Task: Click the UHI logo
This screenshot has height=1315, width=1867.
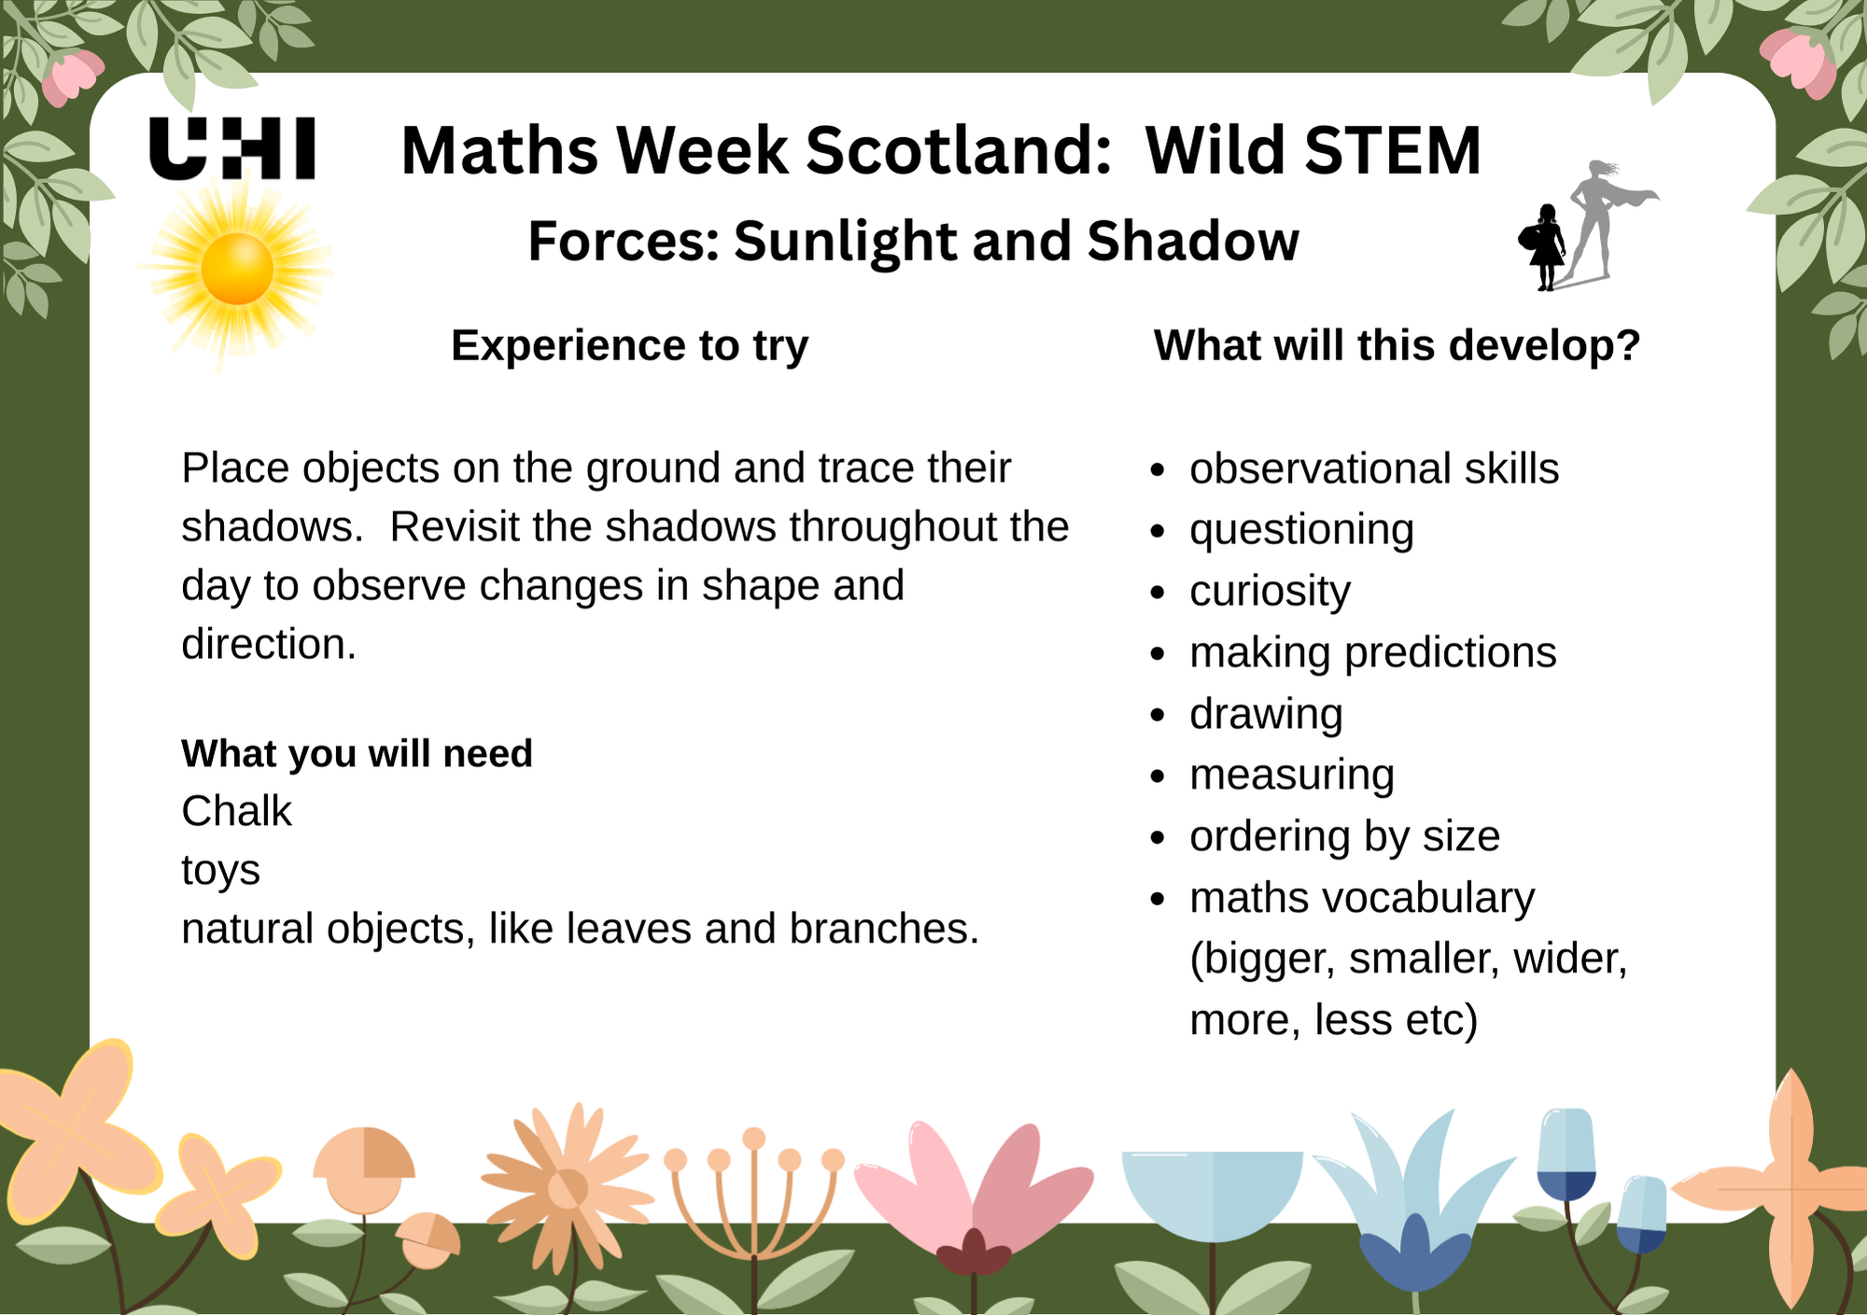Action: click(232, 148)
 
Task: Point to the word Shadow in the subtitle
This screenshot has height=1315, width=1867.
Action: click(1192, 242)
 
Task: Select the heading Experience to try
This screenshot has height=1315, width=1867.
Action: click(629, 346)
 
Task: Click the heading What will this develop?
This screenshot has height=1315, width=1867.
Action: click(1397, 346)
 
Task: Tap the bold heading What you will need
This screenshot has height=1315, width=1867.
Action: click(357, 753)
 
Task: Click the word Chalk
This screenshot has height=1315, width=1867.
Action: click(236, 811)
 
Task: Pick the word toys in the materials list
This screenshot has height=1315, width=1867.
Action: click(220, 871)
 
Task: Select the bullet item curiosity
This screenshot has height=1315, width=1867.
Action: click(1270, 592)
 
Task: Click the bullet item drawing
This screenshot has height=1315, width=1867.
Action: click(1266, 714)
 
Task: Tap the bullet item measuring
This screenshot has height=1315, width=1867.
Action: click(1292, 776)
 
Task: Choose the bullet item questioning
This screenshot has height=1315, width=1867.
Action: click(1301, 530)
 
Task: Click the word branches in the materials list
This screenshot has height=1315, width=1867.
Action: click(883, 930)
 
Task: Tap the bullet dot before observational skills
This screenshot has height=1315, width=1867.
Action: click(1158, 469)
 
